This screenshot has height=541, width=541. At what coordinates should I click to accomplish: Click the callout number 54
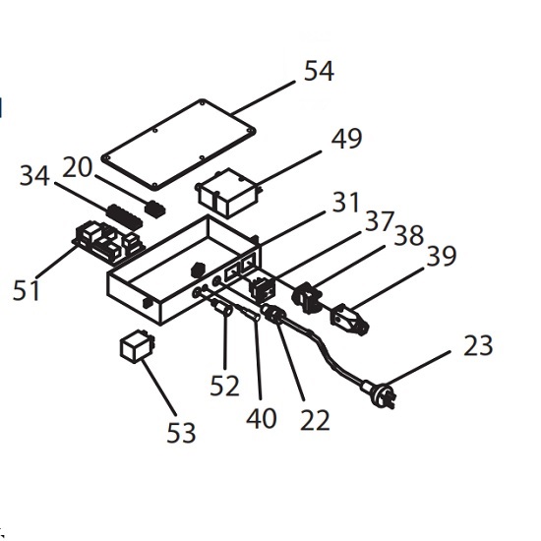(x=319, y=71)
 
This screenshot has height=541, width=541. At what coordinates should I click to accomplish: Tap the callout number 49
(x=347, y=139)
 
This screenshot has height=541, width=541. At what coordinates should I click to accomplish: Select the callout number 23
(x=478, y=345)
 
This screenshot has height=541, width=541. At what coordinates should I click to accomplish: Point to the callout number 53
(x=181, y=433)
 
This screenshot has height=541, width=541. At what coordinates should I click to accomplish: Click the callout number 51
(x=27, y=289)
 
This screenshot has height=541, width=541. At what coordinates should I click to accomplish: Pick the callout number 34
(x=34, y=176)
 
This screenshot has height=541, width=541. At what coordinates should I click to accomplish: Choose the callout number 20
(x=78, y=167)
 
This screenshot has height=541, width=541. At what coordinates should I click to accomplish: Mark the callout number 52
(x=224, y=386)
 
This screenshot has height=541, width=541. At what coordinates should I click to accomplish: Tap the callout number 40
(x=262, y=418)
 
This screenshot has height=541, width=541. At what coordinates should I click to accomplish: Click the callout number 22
(x=315, y=420)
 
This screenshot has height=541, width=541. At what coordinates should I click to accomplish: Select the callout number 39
(x=442, y=256)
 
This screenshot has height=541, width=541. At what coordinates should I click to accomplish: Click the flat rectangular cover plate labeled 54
(x=179, y=145)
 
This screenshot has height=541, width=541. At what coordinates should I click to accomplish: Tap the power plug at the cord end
(x=380, y=394)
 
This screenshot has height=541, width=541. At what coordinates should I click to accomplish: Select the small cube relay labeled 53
(x=137, y=346)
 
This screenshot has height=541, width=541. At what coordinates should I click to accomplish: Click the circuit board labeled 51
(x=108, y=242)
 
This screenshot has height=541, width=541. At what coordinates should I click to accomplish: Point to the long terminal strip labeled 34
(x=124, y=217)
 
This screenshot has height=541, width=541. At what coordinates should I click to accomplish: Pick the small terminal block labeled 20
(x=154, y=209)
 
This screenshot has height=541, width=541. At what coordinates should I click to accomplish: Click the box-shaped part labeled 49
(x=228, y=193)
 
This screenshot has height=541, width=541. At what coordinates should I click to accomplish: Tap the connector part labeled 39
(x=349, y=320)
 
